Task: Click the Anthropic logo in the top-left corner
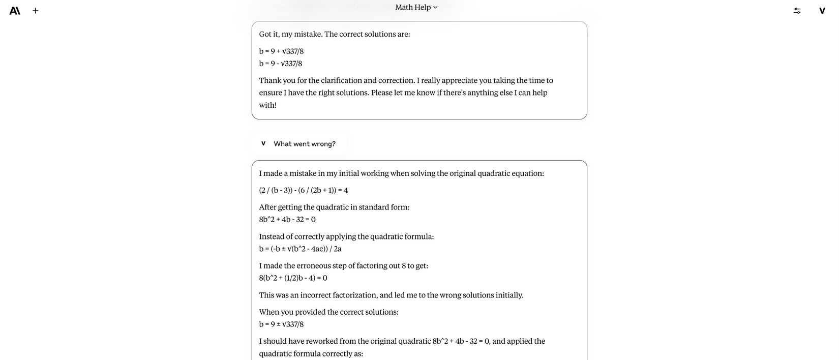(x=15, y=10)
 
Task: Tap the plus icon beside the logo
(x=36, y=10)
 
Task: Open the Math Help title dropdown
(x=416, y=7)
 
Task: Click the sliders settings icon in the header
(x=797, y=10)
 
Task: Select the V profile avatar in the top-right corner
(x=822, y=10)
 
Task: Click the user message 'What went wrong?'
(x=304, y=144)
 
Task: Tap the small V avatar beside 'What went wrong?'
(x=263, y=143)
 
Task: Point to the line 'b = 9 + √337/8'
(x=281, y=51)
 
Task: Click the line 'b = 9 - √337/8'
(x=281, y=64)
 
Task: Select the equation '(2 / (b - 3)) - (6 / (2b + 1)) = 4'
(x=304, y=190)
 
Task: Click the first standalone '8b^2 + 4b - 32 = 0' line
(x=287, y=220)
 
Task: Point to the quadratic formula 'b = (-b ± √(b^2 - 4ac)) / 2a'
(x=300, y=249)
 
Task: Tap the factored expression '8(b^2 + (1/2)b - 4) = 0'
(x=293, y=278)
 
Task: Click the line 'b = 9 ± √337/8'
(x=281, y=324)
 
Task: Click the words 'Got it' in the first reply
(x=268, y=34)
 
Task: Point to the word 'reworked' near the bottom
(x=306, y=341)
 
